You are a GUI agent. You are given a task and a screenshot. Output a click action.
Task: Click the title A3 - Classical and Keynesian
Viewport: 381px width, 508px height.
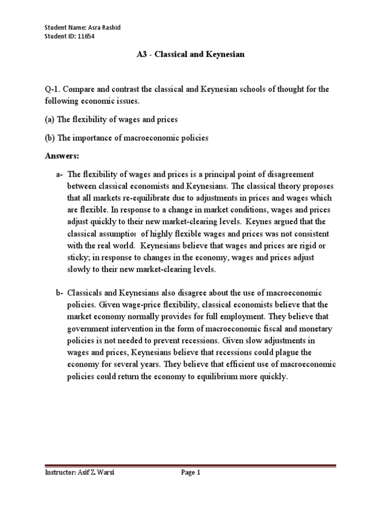tap(190, 55)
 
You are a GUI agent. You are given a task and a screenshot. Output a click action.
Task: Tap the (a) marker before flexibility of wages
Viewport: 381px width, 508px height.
tap(49, 120)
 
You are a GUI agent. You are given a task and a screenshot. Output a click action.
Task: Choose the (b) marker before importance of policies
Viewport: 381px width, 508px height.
tap(49, 138)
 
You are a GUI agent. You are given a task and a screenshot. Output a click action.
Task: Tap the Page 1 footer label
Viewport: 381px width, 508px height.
tap(190, 473)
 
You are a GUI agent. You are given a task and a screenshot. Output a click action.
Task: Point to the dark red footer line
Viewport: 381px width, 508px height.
tap(190, 466)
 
